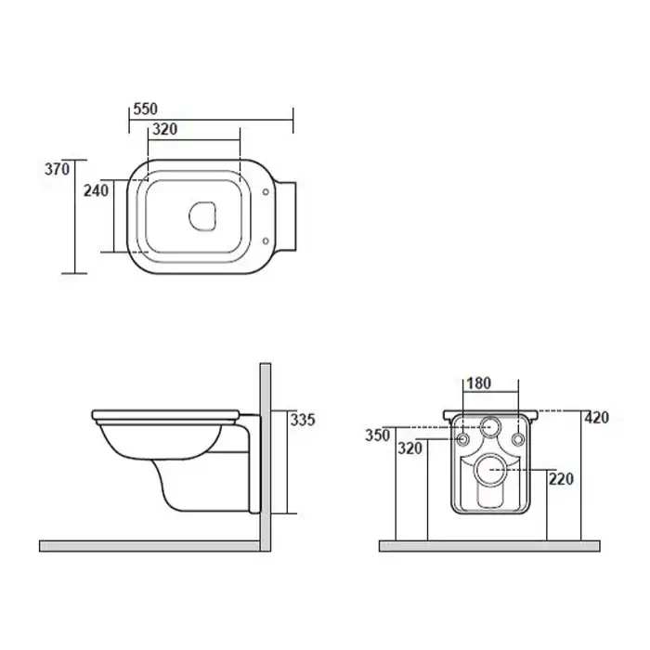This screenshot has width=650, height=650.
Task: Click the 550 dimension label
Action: [146, 109]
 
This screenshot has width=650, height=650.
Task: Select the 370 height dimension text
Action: [58, 169]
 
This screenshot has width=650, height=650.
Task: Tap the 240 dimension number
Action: [97, 190]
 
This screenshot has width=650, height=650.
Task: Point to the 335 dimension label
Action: [303, 420]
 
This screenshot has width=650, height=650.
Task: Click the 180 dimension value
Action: [479, 383]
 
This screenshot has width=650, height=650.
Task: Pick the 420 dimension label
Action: [596, 418]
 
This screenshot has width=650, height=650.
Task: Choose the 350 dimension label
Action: [378, 435]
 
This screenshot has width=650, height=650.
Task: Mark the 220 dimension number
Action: [561, 479]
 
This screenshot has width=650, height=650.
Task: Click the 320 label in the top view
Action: [165, 129]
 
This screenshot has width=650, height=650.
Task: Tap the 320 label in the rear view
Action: [410, 448]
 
